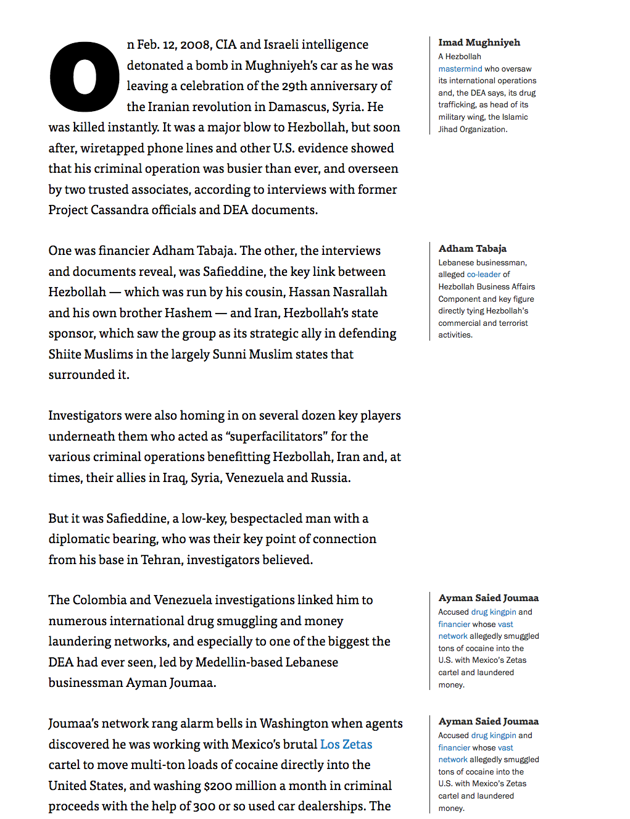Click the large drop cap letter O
click(x=84, y=77)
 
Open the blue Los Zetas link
click(x=346, y=744)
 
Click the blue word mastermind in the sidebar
click(x=460, y=69)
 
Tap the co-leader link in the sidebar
click(x=484, y=275)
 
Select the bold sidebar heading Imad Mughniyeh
click(x=479, y=43)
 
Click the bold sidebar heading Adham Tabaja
click(x=472, y=249)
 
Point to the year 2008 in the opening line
click(x=195, y=45)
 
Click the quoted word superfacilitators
click(x=276, y=436)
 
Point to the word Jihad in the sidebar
click(x=449, y=130)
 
